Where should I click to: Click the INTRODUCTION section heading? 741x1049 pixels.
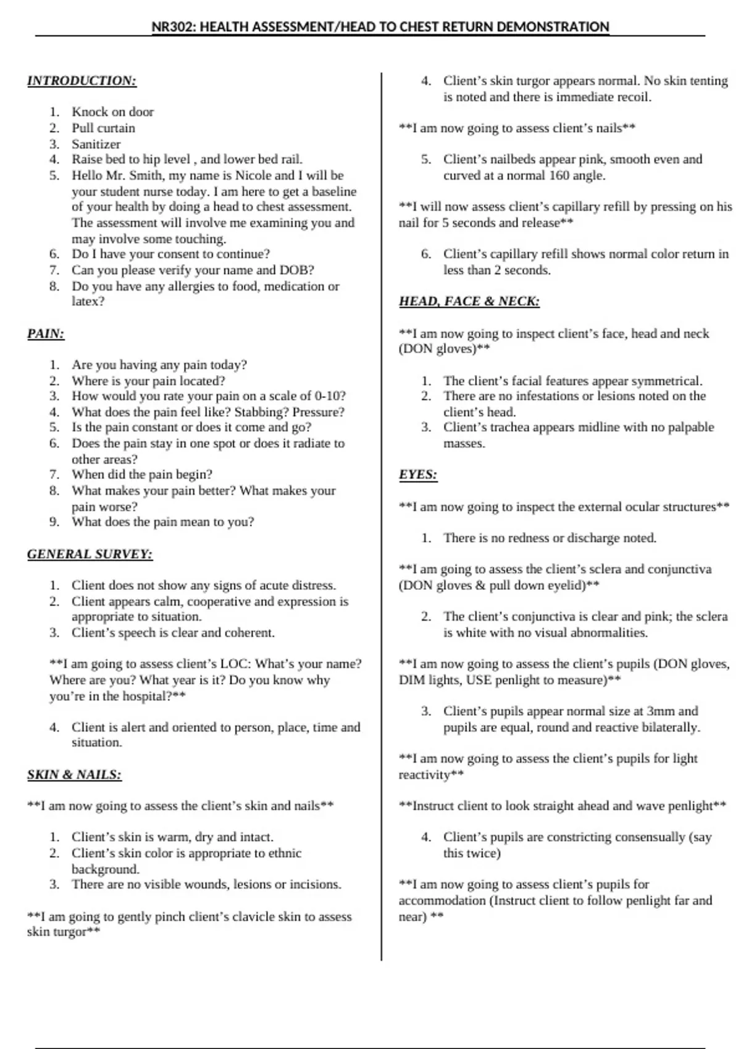[82, 81]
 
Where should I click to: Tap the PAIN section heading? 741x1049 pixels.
[46, 334]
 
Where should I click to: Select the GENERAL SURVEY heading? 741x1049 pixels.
[90, 554]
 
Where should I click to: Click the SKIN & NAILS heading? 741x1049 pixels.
[74, 775]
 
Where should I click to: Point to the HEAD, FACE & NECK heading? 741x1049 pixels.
[469, 302]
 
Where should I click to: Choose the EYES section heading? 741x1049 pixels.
[417, 475]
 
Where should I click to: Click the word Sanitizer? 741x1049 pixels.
[96, 144]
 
